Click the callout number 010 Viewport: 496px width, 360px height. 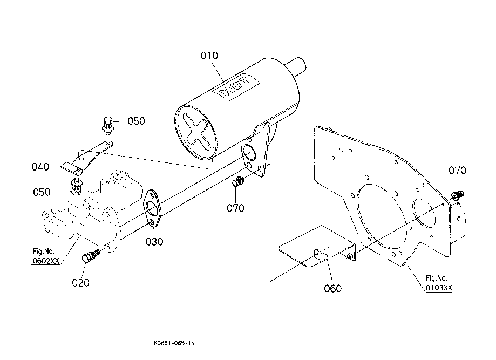point(209,56)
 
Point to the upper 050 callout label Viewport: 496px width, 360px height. point(136,121)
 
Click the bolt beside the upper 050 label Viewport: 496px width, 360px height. point(108,124)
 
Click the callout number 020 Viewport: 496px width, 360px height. point(80,282)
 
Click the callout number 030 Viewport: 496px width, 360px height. point(154,242)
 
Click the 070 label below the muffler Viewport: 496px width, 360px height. point(235,207)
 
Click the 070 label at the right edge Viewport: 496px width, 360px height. point(458,171)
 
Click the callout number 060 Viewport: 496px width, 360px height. point(333,288)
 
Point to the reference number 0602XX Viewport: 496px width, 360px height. point(46,261)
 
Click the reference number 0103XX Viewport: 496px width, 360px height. point(438,288)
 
